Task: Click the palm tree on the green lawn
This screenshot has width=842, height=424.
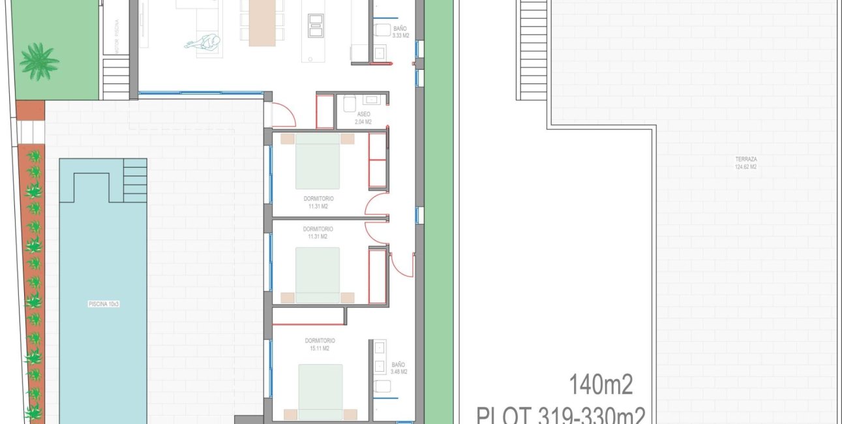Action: (x=38, y=61)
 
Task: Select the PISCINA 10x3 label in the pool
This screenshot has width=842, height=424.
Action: (x=103, y=304)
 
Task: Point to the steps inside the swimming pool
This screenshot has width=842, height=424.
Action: (x=135, y=180)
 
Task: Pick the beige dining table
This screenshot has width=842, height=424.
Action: (x=263, y=23)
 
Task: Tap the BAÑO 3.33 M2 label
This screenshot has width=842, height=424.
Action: (x=401, y=32)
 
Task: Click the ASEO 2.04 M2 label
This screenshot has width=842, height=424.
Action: (x=363, y=118)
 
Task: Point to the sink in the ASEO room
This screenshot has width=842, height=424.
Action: (x=373, y=100)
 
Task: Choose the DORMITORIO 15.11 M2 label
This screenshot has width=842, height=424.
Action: (x=320, y=344)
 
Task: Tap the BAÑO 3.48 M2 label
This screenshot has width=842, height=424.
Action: (x=398, y=369)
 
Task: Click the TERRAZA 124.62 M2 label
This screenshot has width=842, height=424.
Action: (x=745, y=162)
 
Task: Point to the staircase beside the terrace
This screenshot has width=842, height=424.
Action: (x=533, y=49)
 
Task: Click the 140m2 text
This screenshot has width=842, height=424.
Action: (x=601, y=385)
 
